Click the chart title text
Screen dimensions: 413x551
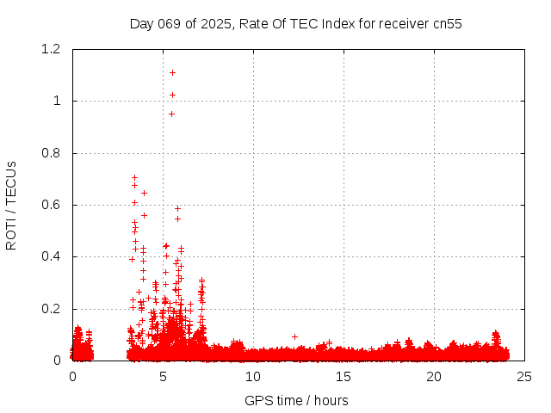point(295,24)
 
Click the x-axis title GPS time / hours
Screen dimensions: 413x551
point(296,400)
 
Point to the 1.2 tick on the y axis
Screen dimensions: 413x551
point(53,49)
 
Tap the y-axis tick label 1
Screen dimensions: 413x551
point(58,101)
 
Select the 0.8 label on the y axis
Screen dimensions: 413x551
point(53,153)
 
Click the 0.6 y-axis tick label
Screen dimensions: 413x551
point(53,205)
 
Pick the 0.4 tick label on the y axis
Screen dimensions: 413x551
point(53,256)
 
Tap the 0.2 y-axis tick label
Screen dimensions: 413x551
point(53,309)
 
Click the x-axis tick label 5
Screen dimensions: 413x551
point(163,377)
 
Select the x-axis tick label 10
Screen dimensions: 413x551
point(253,377)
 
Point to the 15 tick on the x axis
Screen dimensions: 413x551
point(344,377)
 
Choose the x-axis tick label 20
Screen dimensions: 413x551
point(434,377)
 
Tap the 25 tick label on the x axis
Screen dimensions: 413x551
point(524,377)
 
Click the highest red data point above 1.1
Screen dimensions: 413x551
point(172,72)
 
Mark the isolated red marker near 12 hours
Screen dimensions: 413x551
point(294,336)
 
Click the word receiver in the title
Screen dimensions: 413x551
point(405,24)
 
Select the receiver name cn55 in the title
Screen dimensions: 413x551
point(447,24)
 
